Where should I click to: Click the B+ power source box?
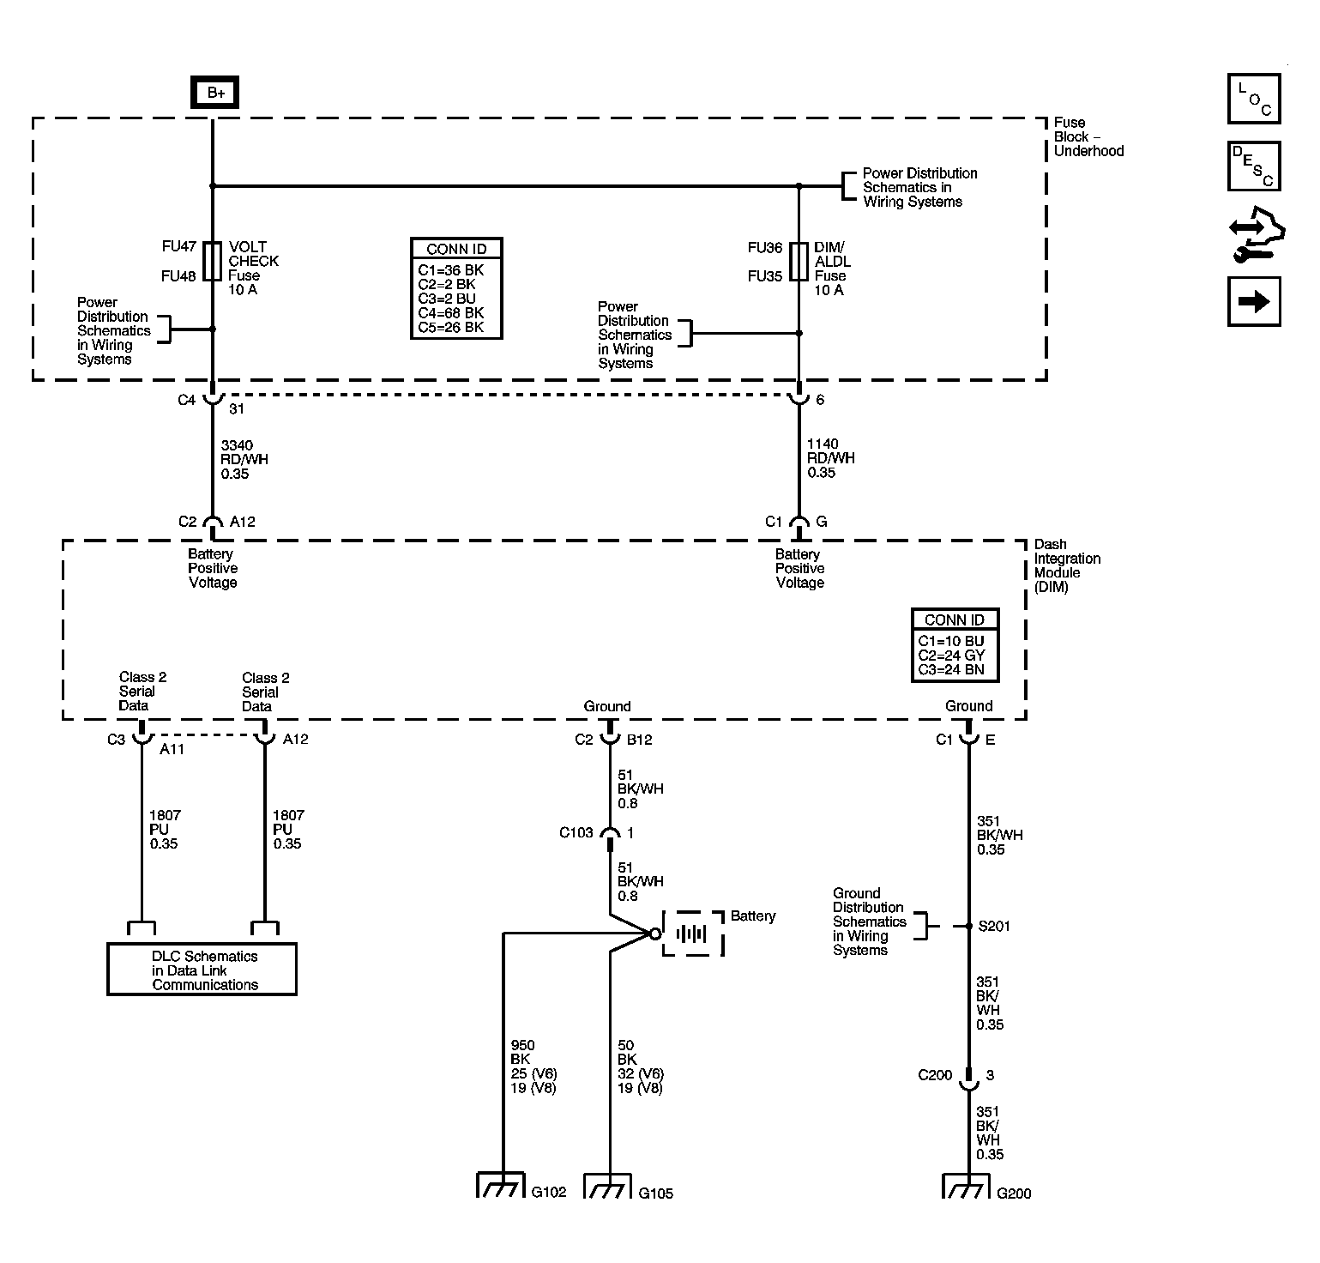point(215,93)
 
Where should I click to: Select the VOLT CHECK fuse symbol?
point(212,261)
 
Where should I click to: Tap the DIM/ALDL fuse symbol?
point(799,261)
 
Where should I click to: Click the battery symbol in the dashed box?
point(692,934)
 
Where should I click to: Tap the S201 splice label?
point(993,927)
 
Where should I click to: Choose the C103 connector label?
point(576,832)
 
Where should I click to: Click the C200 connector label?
point(935,1075)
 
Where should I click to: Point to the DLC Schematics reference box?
point(202,970)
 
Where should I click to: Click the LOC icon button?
point(1253,100)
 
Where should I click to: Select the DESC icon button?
point(1253,166)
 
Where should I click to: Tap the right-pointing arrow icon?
point(1253,301)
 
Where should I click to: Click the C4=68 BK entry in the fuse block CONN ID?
point(451,313)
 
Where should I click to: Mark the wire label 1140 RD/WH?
point(830,458)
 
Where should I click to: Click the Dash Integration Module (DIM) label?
point(1067,565)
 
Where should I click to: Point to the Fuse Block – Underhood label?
point(1088,137)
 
